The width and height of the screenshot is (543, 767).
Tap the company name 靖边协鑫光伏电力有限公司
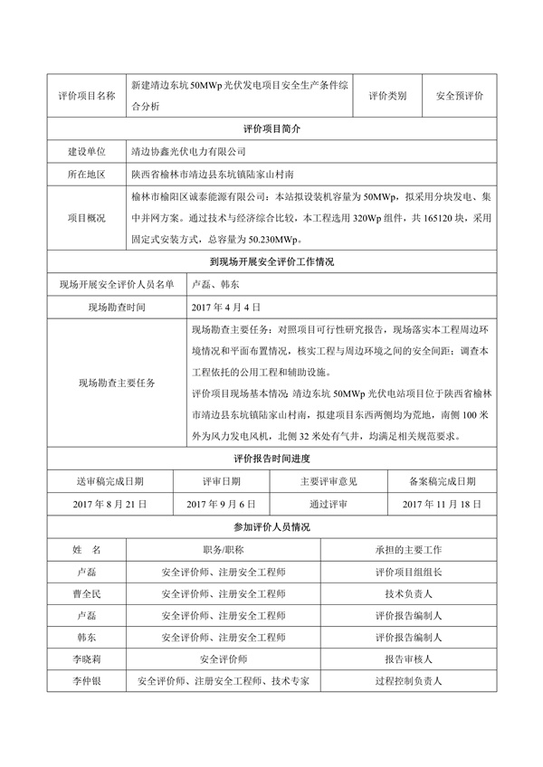[x=188, y=152]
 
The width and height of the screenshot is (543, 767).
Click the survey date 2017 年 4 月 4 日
[x=226, y=308]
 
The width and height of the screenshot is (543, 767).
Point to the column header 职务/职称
[x=224, y=549]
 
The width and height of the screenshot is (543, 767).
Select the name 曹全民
[x=86, y=594]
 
